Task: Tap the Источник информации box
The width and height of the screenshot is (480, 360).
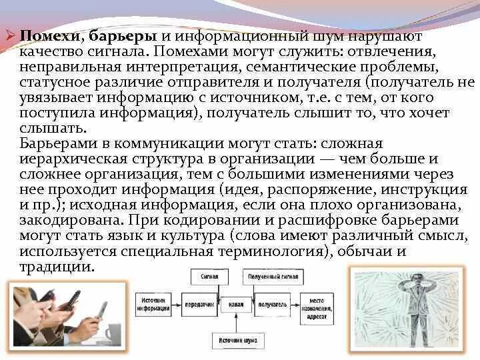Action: tap(153, 303)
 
